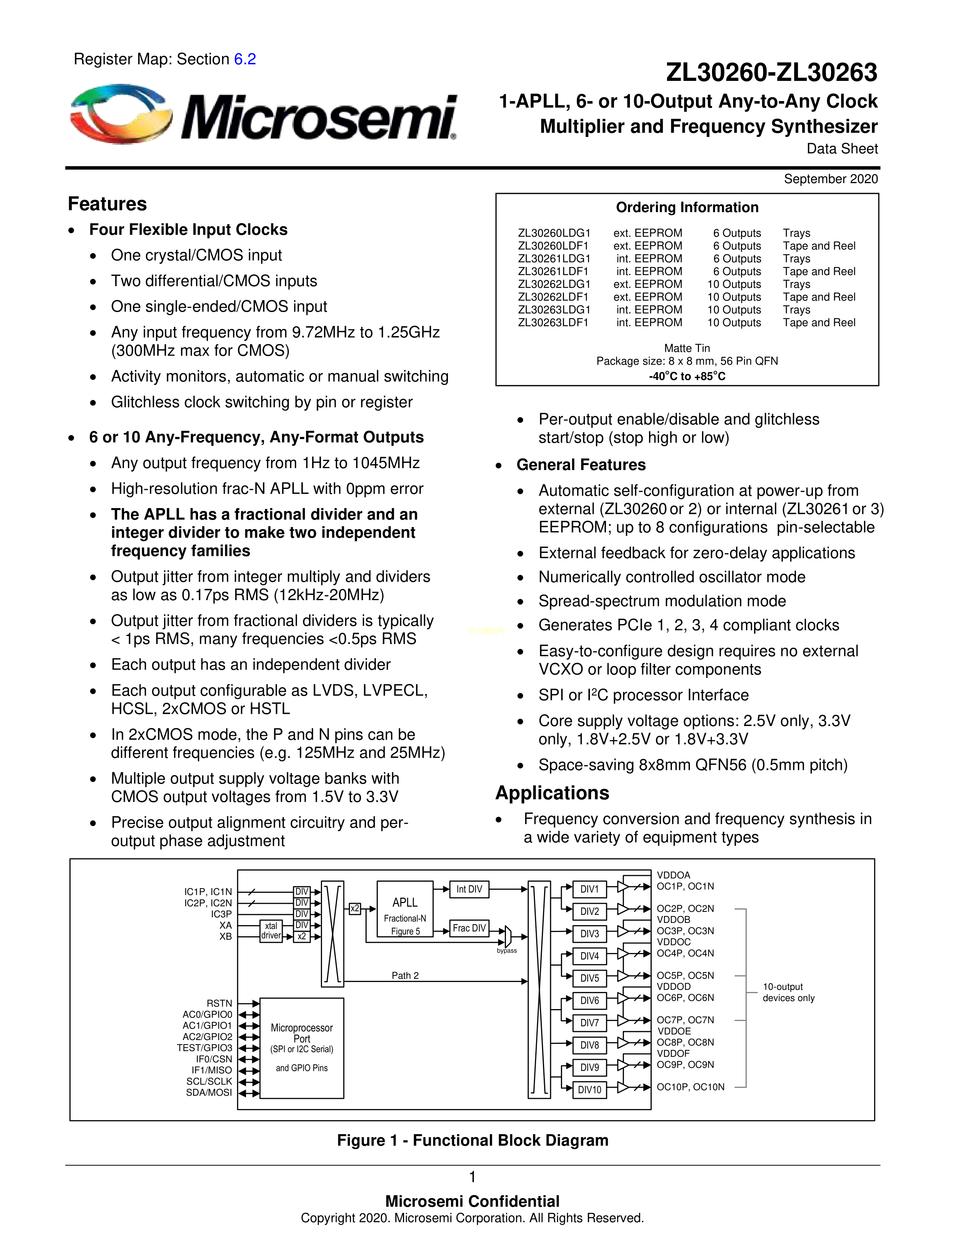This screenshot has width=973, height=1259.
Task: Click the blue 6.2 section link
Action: point(245,60)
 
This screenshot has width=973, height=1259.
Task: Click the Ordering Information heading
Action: point(687,208)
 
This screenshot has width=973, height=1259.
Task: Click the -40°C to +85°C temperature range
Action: point(687,377)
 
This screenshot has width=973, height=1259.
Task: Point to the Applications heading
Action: point(552,793)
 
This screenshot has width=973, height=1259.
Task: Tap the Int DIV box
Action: point(469,889)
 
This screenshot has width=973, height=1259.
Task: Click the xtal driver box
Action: point(271,931)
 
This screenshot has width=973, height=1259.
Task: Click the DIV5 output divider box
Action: point(589,978)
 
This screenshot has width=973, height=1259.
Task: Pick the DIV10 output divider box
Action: point(589,1090)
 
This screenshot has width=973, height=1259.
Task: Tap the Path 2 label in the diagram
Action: point(405,976)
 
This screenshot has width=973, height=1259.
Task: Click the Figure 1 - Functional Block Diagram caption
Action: point(473,1140)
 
